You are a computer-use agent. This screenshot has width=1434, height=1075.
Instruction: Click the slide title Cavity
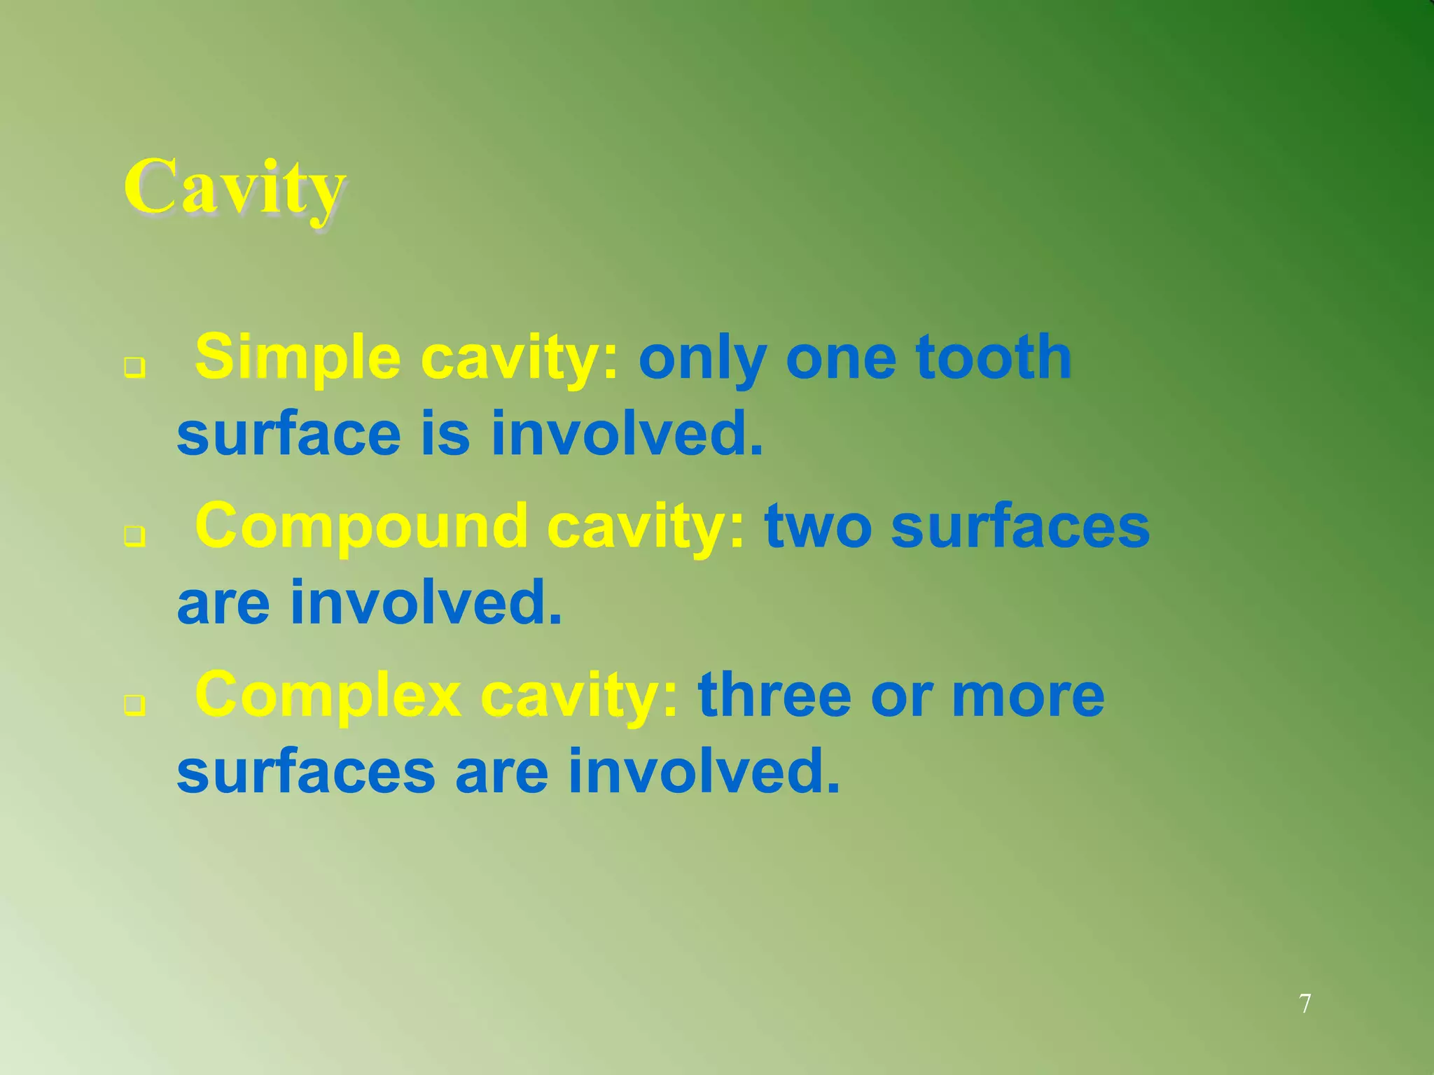pyautogui.click(x=235, y=188)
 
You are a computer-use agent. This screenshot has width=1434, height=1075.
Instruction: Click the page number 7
pyautogui.click(x=1305, y=1004)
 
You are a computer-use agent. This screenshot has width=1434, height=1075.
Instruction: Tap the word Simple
pyautogui.click(x=298, y=358)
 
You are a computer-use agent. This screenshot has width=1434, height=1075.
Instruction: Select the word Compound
pyautogui.click(x=361, y=526)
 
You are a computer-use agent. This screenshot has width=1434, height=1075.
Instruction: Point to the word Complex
pyautogui.click(x=328, y=696)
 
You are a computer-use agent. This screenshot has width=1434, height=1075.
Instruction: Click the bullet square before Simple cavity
pyautogui.click(x=134, y=366)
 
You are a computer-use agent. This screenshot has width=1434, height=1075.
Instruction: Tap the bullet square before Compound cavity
pyautogui.click(x=134, y=535)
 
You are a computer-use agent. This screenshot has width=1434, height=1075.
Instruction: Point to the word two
pyautogui.click(x=818, y=526)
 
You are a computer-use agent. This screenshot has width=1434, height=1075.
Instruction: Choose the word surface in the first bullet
pyautogui.click(x=288, y=434)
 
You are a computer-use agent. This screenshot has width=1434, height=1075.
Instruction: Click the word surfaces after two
pyautogui.click(x=1020, y=526)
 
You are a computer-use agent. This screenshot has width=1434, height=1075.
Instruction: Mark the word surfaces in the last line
pyautogui.click(x=306, y=771)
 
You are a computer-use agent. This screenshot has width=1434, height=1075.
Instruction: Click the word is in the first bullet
pyautogui.click(x=445, y=434)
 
